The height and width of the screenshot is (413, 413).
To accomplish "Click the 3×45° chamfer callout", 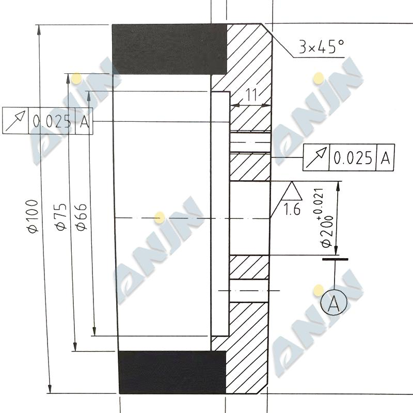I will click(x=321, y=48).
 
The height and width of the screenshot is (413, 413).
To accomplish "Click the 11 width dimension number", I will click(x=251, y=95).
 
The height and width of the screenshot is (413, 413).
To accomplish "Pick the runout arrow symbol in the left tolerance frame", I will click(x=15, y=121).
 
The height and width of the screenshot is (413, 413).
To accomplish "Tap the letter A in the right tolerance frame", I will click(x=385, y=158).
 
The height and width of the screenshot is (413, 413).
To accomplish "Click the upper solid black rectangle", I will click(x=169, y=49).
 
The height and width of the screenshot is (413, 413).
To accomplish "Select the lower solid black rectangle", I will click(x=172, y=372).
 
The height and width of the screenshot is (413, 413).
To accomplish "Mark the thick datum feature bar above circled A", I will click(x=335, y=259).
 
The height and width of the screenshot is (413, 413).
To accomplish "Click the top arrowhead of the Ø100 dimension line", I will click(x=38, y=29).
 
